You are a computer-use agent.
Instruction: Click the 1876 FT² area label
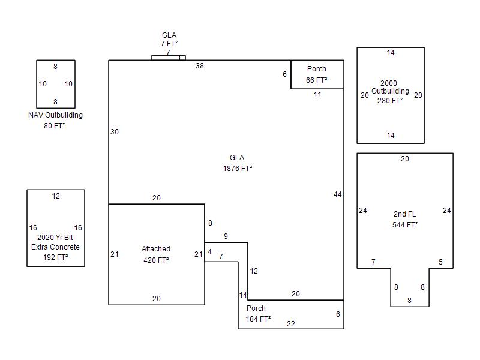(x=237, y=169)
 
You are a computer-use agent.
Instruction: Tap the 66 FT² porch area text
(x=316, y=80)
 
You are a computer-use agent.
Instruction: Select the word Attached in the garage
(x=156, y=249)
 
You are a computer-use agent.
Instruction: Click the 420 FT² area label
(x=156, y=260)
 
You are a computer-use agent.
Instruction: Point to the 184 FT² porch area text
(x=258, y=319)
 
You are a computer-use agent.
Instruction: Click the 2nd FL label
(x=404, y=214)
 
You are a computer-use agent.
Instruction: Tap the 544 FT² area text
(x=405, y=225)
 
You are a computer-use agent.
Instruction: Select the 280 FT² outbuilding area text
(x=390, y=101)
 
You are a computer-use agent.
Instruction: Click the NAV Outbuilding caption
(x=55, y=115)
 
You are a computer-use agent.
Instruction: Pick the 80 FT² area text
(x=55, y=126)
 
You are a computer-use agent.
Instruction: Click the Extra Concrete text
(x=55, y=247)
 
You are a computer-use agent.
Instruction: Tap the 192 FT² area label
(x=55, y=257)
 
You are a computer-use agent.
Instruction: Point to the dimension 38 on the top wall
(x=200, y=66)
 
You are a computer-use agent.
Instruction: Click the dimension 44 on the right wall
(x=338, y=194)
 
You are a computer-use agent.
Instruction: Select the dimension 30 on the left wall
(x=115, y=132)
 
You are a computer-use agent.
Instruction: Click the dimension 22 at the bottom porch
(x=291, y=324)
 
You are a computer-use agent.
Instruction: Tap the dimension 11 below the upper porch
(x=317, y=95)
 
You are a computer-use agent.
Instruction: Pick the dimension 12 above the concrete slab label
(x=56, y=196)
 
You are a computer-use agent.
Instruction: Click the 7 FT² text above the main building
(x=169, y=44)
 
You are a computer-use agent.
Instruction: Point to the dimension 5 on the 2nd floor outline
(x=440, y=262)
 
